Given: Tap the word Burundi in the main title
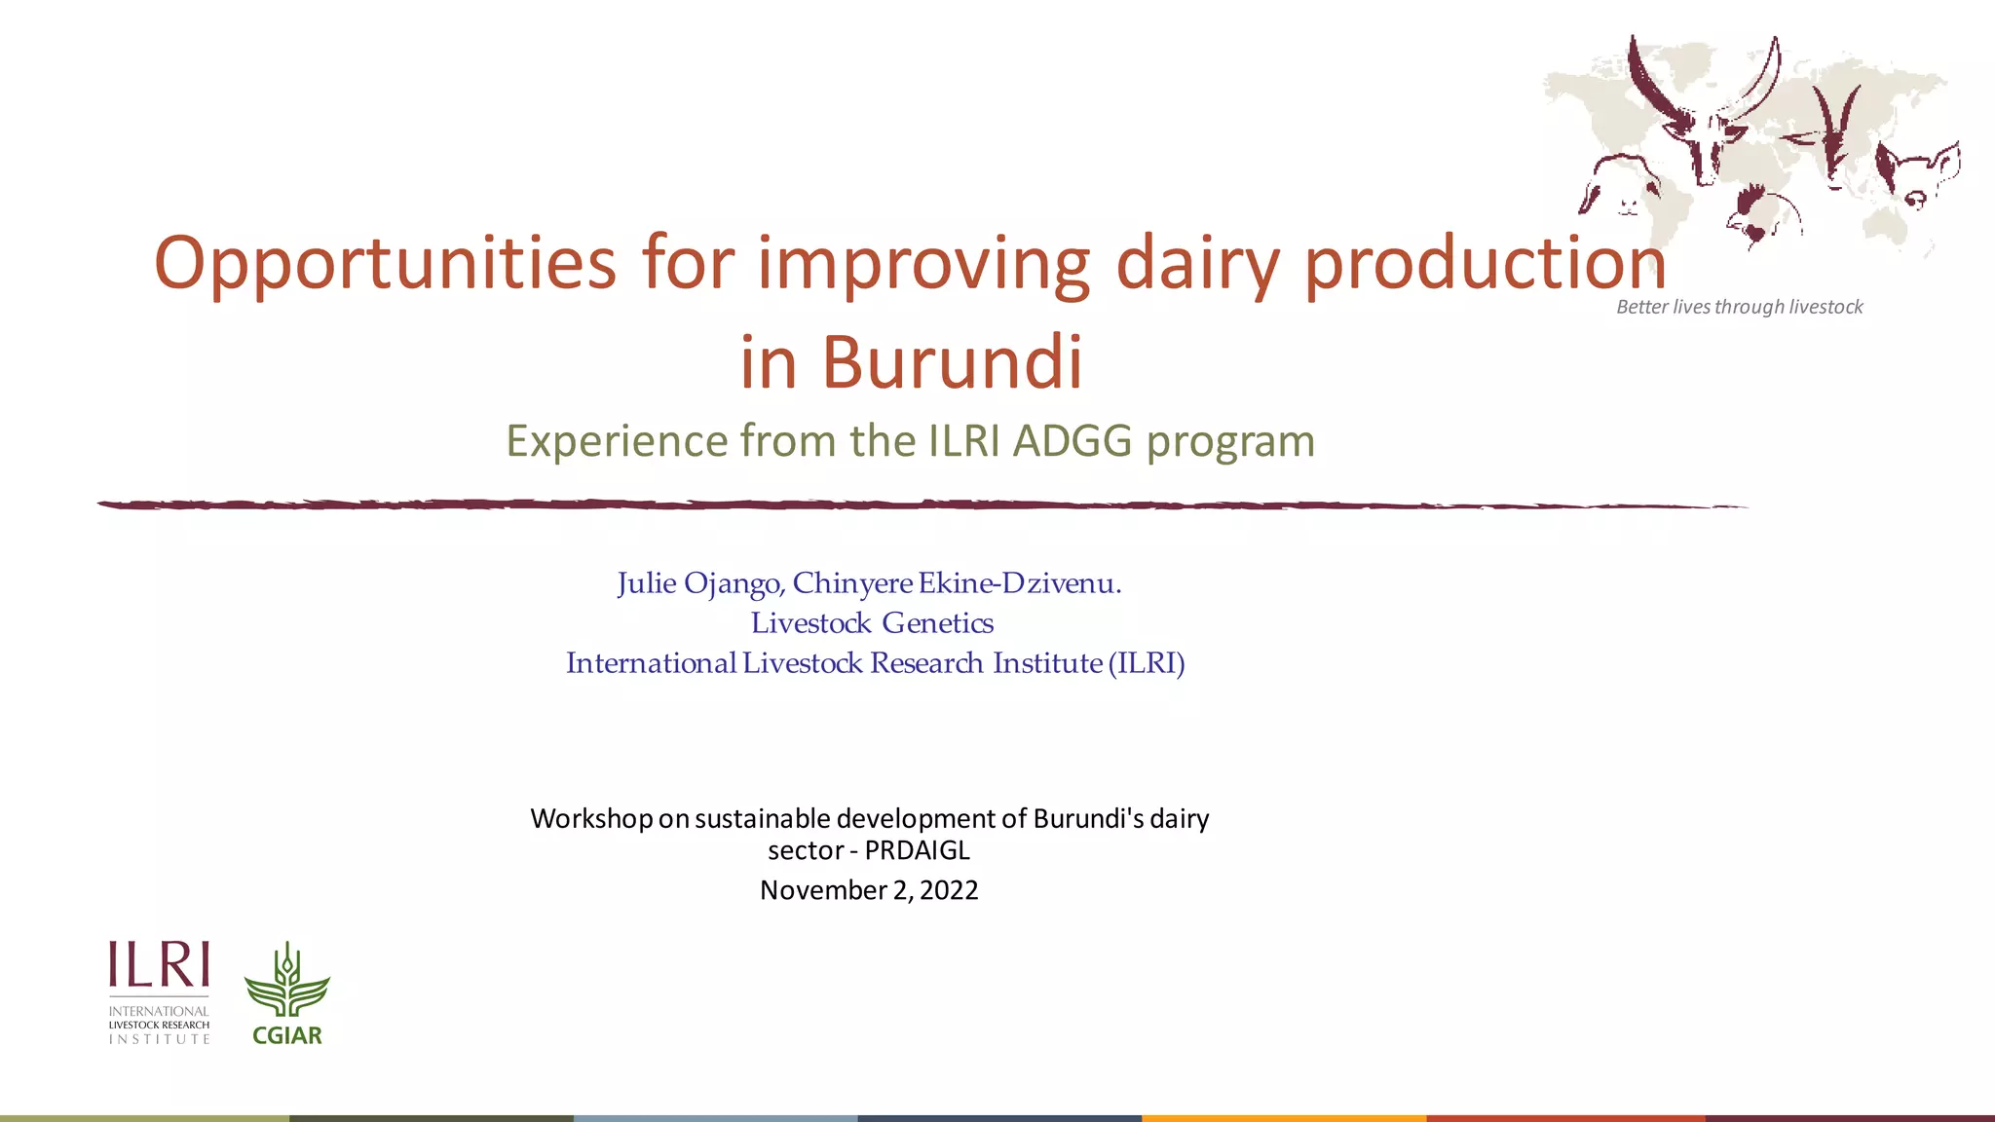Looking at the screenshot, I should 952,362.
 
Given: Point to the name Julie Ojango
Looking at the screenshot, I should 698,583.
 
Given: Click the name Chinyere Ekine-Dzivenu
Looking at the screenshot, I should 957,583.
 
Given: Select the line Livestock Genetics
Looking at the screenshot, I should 872,623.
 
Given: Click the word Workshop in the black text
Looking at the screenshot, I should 591,818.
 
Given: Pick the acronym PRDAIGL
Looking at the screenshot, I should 917,850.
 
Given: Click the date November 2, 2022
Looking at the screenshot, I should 869,890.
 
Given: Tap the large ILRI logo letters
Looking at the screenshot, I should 159,965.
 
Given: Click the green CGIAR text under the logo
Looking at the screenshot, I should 286,1036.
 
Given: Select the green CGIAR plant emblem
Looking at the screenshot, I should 286,982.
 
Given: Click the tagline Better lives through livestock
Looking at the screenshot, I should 1739,307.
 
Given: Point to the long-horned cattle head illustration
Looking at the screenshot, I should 1705,117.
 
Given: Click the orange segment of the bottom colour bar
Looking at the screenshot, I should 1283,1117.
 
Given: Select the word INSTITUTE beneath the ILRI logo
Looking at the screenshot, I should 159,1039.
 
